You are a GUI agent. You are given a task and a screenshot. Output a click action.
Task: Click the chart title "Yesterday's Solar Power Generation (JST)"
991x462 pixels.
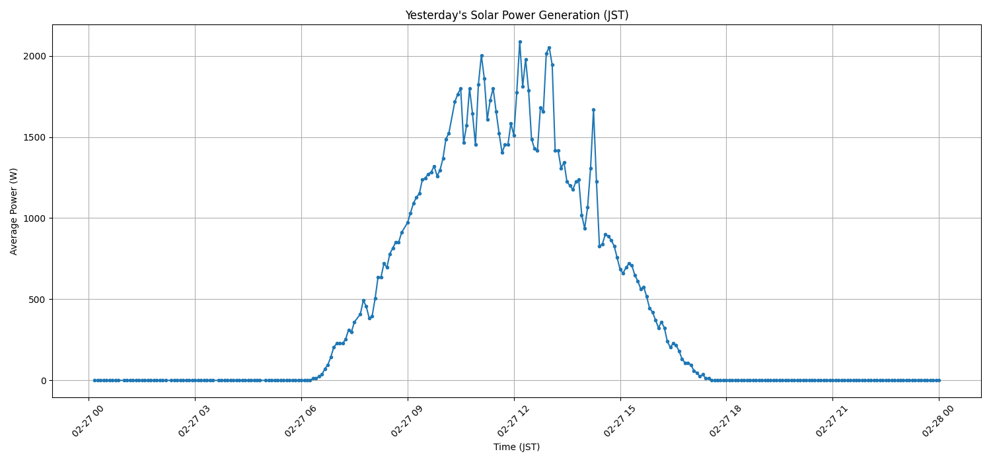(517, 15)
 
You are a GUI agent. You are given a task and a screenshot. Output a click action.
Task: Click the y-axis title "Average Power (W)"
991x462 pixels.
(14, 211)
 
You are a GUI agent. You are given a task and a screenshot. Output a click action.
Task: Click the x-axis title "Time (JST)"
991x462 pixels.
(517, 447)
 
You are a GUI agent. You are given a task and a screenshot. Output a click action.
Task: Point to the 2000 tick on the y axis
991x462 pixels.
(34, 56)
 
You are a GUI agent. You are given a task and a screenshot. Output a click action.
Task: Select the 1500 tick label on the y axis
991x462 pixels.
(34, 137)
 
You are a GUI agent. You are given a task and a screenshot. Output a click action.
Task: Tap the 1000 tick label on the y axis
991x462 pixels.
(34, 218)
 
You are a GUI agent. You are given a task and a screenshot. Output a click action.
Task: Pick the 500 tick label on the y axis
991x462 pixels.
(36, 300)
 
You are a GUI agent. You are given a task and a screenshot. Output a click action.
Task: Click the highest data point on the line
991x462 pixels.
(520, 42)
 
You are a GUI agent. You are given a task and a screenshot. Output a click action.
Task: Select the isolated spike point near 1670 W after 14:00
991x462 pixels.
(593, 110)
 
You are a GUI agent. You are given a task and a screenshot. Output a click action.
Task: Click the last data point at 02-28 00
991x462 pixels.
(939, 380)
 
